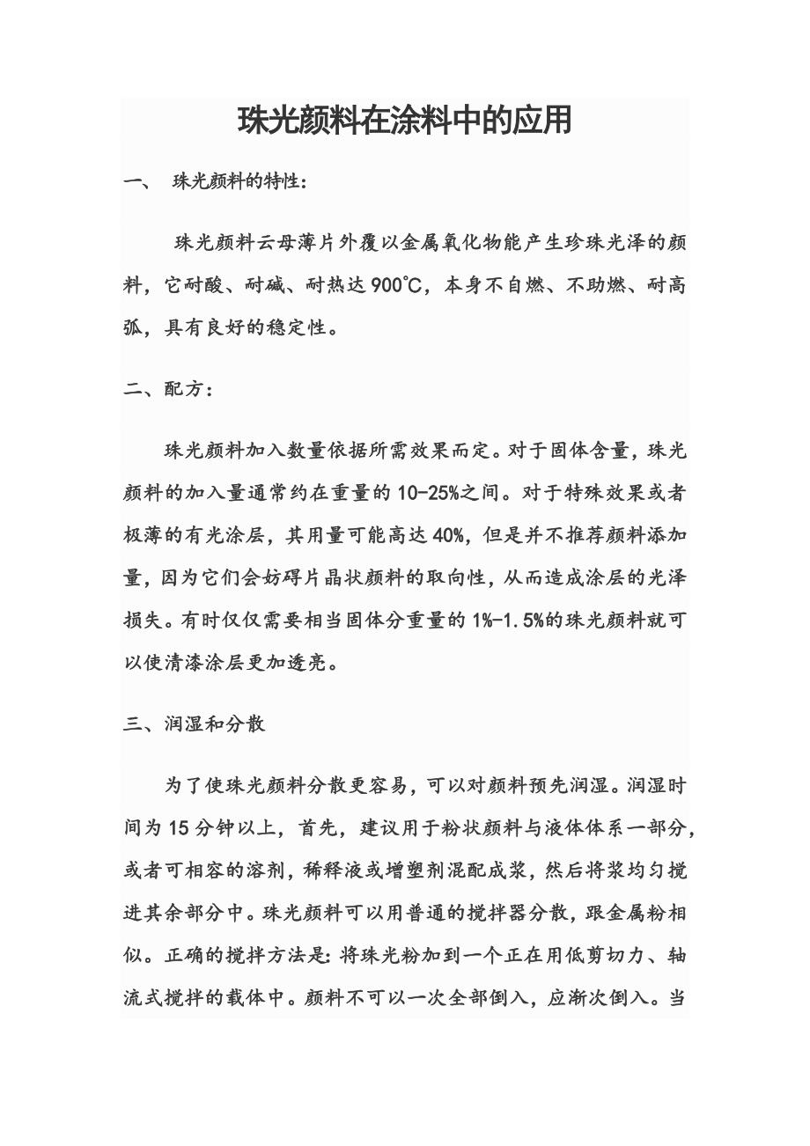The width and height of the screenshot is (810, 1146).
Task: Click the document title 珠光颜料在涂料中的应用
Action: point(404,121)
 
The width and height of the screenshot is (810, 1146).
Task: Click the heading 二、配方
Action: point(167,389)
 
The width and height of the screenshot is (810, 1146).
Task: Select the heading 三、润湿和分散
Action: point(194,724)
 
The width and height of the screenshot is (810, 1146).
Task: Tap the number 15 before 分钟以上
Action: point(179,828)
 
